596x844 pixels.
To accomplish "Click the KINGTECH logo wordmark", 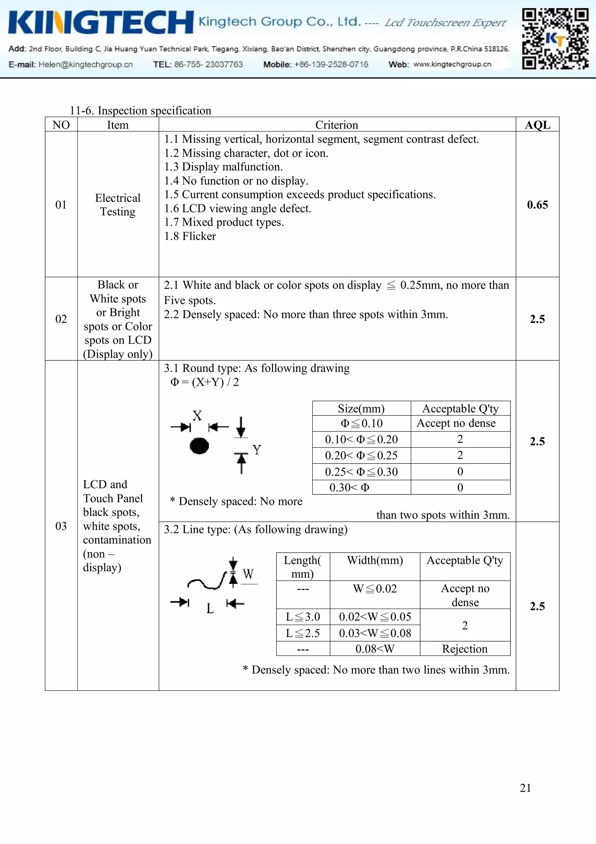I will (x=101, y=23).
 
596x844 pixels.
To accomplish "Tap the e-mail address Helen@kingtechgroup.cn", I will (x=85, y=64).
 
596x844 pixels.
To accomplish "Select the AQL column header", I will (x=537, y=125).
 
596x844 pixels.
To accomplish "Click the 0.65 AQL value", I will (x=537, y=205).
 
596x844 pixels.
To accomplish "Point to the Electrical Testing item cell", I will (x=118, y=205).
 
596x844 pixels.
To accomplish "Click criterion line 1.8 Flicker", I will (x=190, y=236).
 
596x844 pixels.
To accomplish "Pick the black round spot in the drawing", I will (x=199, y=446).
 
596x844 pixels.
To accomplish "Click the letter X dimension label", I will (x=198, y=416).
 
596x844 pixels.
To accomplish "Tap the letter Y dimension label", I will (x=257, y=450).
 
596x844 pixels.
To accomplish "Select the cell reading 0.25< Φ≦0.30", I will (x=361, y=472).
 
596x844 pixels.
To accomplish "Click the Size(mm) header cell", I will (x=361, y=409).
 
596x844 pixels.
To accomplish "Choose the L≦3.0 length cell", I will (x=303, y=617).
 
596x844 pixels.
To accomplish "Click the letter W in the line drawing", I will (x=248, y=574).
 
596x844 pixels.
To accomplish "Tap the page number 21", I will (x=525, y=788).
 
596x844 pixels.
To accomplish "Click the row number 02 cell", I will (x=61, y=319).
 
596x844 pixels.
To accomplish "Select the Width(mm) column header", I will (x=375, y=561).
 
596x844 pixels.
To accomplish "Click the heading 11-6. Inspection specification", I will (x=141, y=110).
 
